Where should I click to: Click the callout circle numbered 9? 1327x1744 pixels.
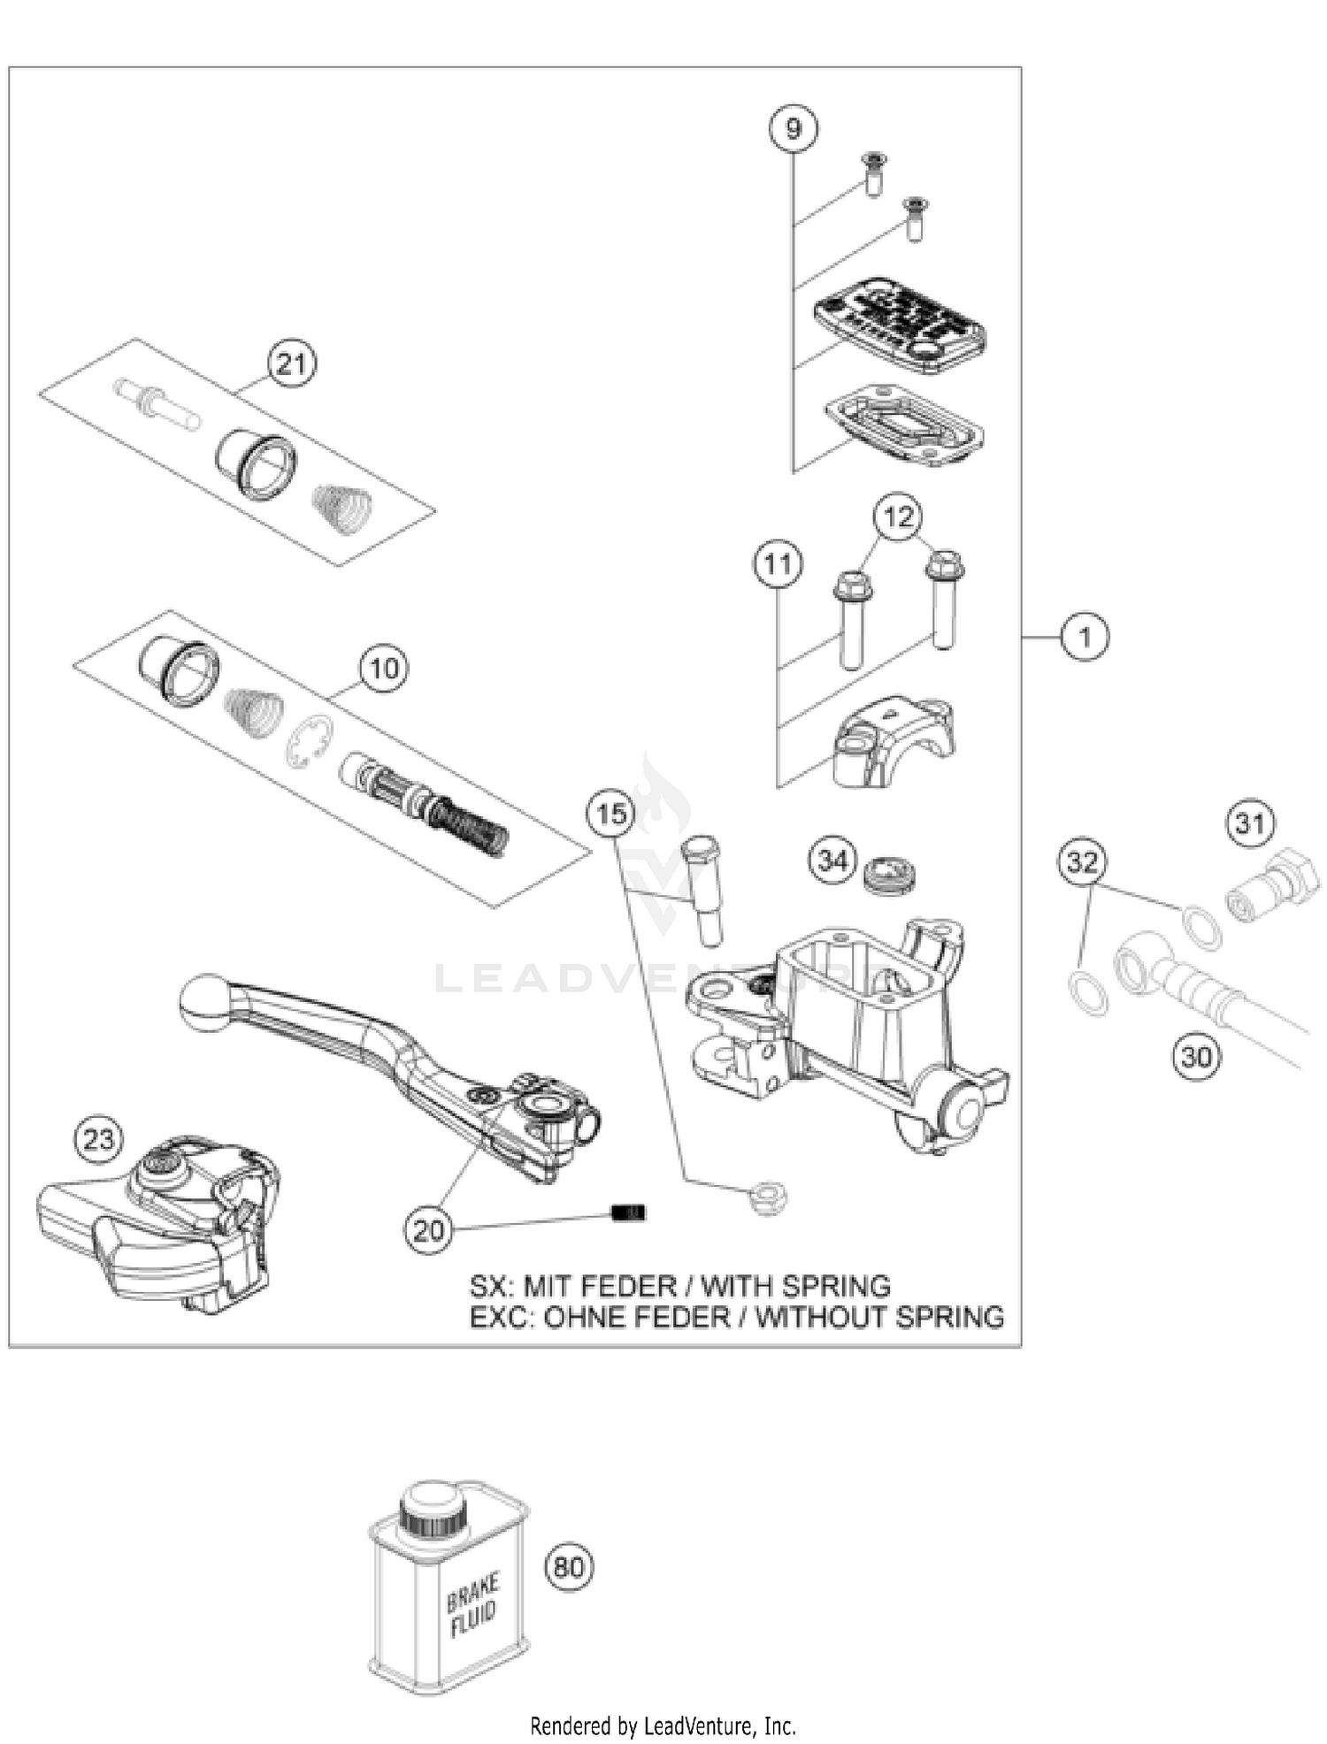793,129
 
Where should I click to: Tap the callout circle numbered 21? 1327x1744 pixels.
292,363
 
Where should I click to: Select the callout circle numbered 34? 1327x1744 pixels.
832,860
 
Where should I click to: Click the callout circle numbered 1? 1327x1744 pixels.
1085,636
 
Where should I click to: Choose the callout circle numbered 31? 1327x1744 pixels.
1250,823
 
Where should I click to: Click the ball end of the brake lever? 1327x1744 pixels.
204,1002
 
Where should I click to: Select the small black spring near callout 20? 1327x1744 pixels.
629,1212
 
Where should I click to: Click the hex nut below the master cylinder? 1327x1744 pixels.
768,1198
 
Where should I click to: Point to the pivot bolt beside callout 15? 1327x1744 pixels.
703,889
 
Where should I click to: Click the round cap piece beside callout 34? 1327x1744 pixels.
889,874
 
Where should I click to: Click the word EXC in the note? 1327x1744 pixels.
499,1318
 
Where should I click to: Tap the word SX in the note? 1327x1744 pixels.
489,1286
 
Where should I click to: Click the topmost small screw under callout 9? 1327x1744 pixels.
875,172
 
